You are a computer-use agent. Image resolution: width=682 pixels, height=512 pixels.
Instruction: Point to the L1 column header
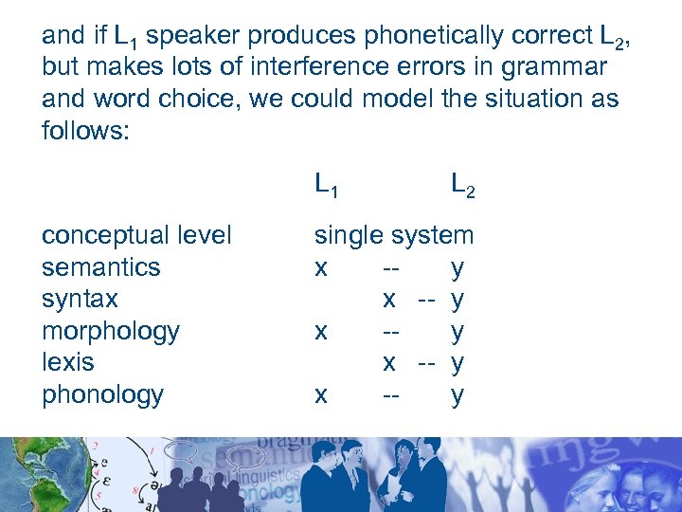[x=327, y=184]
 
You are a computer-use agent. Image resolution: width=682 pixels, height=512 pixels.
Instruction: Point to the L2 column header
[x=462, y=184]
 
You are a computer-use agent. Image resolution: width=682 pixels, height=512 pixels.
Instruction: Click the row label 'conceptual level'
[x=136, y=235]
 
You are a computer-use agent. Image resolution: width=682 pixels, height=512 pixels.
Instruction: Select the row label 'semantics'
[x=101, y=267]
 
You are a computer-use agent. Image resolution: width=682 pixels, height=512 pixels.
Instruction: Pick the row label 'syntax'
[x=80, y=299]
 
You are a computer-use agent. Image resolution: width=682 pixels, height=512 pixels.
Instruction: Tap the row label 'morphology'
[x=111, y=331]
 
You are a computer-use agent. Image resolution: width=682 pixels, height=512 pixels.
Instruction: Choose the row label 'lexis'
[x=68, y=362]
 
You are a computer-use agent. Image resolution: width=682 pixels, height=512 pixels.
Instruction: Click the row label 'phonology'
[x=102, y=394]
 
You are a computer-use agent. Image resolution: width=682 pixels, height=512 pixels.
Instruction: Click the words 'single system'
[x=394, y=235]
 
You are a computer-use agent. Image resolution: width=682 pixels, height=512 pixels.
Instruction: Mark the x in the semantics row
[x=321, y=268]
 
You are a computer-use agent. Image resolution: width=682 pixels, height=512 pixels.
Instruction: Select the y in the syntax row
[x=458, y=301]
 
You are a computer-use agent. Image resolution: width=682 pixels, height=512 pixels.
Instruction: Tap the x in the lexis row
[x=389, y=363]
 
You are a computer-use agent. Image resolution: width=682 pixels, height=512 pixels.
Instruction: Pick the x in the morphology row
[x=321, y=332]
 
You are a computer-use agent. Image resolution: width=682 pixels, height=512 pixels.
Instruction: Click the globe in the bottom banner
[x=24, y=474]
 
